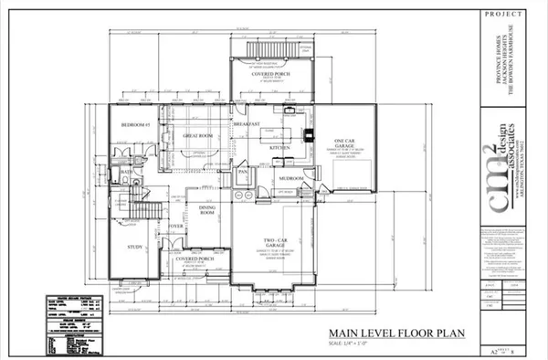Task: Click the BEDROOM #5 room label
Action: [135, 123]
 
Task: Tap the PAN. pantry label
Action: [244, 171]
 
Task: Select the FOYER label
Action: [175, 225]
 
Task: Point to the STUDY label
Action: [132, 246]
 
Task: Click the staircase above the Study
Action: [132, 208]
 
